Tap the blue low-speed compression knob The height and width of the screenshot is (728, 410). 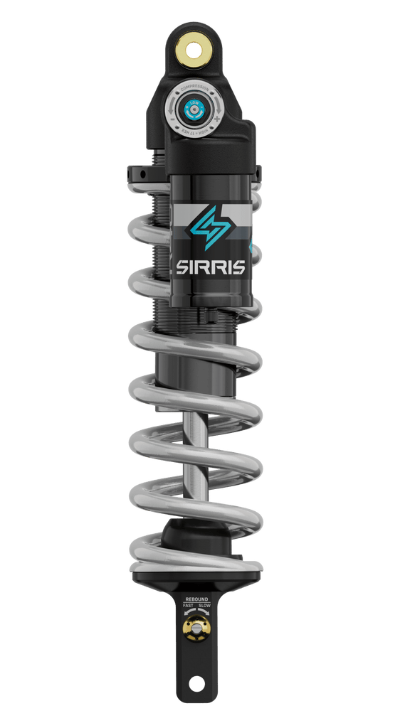pyautogui.click(x=195, y=109)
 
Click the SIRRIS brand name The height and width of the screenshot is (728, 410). pyautogui.click(x=211, y=268)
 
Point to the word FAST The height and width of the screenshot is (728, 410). pyautogui.click(x=188, y=606)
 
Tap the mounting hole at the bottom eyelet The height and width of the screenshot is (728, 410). pyautogui.click(x=196, y=684)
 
